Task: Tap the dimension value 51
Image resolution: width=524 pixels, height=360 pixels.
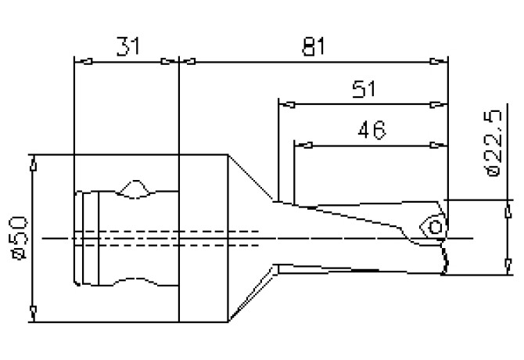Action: [364, 88]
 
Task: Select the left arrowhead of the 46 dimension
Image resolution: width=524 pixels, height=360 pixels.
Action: [300, 145]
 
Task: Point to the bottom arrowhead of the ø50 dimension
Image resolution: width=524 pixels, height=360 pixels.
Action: [32, 315]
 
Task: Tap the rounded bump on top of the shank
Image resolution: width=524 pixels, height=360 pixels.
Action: [136, 188]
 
